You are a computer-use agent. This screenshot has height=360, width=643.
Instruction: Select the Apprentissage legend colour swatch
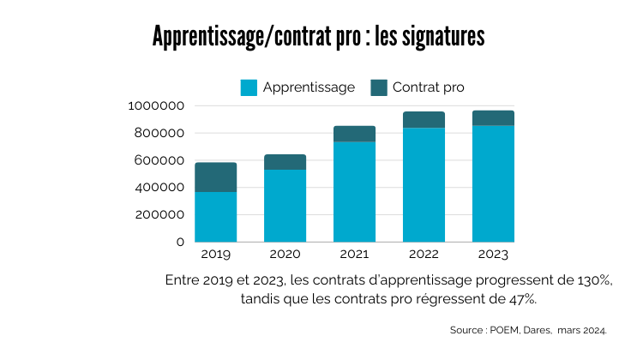[x=249, y=87]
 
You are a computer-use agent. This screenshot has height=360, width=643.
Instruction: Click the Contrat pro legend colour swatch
[x=379, y=87]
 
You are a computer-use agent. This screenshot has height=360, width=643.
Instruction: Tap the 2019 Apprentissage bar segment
[x=216, y=216]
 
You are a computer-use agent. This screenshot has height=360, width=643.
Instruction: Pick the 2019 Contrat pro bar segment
[x=216, y=177]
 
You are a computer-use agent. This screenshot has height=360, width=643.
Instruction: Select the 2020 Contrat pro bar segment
[x=285, y=162]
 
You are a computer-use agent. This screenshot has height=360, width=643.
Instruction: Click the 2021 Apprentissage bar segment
[x=354, y=191]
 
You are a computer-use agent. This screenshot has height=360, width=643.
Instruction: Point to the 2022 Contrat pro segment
[x=424, y=119]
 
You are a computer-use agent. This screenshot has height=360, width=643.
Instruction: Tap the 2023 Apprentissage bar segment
[x=493, y=183]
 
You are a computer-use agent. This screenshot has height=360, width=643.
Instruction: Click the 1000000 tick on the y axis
[x=156, y=105]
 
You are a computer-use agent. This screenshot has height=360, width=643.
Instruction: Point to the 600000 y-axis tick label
[x=159, y=160]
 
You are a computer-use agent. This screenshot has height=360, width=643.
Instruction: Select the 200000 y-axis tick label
[x=159, y=214]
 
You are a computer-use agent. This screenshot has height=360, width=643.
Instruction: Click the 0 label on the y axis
[x=180, y=242]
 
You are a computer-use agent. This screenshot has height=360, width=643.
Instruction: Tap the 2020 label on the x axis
[x=285, y=255]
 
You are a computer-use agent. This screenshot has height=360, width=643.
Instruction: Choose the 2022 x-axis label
[x=424, y=255]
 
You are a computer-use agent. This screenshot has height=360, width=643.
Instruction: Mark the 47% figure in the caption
[x=522, y=298]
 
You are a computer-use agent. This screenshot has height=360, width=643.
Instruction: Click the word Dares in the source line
[x=535, y=330]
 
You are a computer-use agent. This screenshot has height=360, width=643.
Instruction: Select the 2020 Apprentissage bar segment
[x=285, y=206]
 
